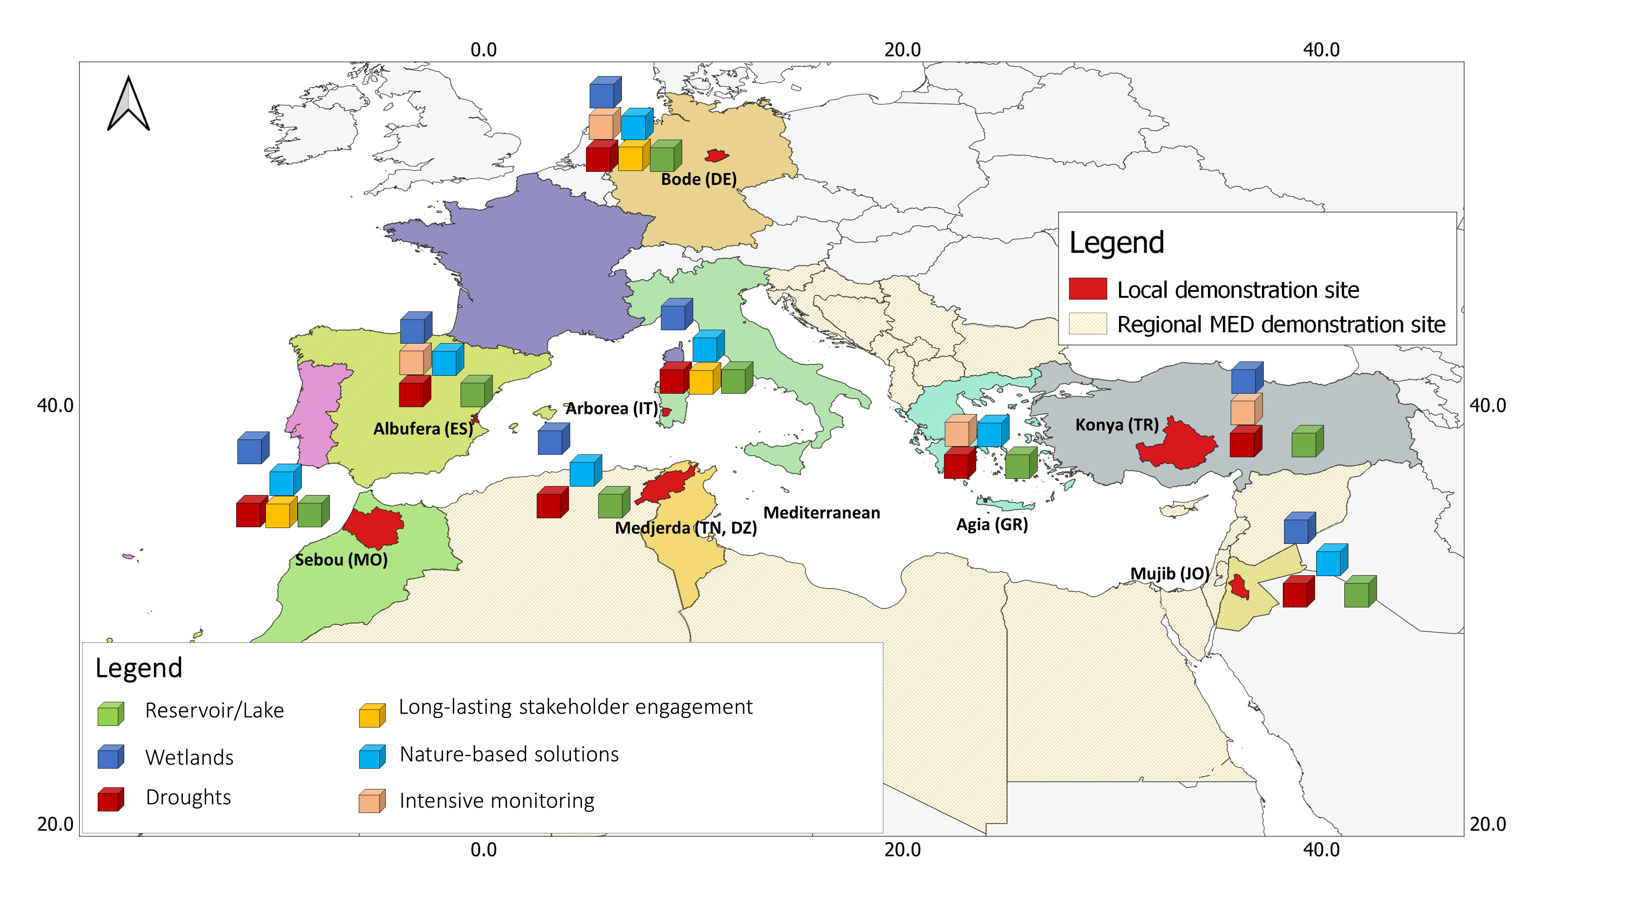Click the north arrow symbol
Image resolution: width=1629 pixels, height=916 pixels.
click(x=128, y=104)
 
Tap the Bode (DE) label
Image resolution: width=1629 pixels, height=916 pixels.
click(x=699, y=180)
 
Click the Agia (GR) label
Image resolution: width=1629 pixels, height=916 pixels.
click(x=992, y=525)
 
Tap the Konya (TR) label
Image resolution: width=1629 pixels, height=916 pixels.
click(x=1117, y=425)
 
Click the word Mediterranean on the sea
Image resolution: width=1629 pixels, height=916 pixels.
click(x=821, y=513)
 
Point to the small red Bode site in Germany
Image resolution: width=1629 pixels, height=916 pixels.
click(x=716, y=156)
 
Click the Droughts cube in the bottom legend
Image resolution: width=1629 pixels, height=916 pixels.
click(x=111, y=800)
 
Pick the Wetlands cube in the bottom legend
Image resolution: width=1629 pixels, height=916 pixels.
click(x=111, y=757)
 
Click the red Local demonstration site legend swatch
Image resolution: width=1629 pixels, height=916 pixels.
click(x=1088, y=289)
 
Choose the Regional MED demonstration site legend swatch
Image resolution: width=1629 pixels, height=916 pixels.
click(x=1088, y=324)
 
